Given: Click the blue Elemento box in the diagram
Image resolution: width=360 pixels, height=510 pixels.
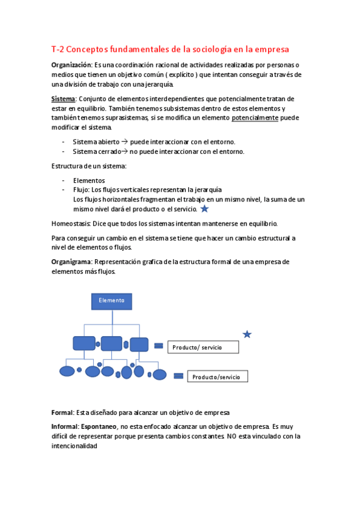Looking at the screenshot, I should pyautogui.click(x=111, y=301).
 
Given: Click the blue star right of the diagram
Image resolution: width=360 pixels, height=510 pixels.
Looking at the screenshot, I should pyautogui.click(x=247, y=334).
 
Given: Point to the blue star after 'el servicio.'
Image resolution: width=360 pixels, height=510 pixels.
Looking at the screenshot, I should pyautogui.click(x=204, y=209).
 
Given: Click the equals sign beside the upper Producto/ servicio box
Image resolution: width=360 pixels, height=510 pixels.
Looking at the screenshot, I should pyautogui.click(x=159, y=346).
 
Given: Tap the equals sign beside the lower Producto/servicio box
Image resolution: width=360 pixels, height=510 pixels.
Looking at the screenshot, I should pyautogui.click(x=178, y=376).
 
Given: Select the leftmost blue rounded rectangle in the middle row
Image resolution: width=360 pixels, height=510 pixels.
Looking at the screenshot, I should pyautogui.click(x=84, y=343).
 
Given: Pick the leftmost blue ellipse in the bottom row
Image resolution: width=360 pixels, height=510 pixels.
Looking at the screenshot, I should pyautogui.click(x=67, y=370).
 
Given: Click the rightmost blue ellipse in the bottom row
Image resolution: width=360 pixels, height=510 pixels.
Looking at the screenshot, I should pyautogui.click(x=159, y=375).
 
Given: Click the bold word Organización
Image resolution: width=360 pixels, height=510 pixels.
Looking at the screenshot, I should pyautogui.click(x=72, y=64).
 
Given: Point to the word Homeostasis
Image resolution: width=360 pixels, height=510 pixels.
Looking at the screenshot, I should pyautogui.click(x=71, y=223).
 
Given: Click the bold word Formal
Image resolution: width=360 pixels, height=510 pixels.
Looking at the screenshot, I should pyautogui.click(x=62, y=413).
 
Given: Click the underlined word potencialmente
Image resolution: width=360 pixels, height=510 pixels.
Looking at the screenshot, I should pyautogui.click(x=255, y=118).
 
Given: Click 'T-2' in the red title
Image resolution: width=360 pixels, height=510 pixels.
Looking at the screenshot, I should pyautogui.click(x=58, y=49).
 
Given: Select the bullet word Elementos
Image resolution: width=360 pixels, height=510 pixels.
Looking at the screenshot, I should pyautogui.click(x=89, y=180).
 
